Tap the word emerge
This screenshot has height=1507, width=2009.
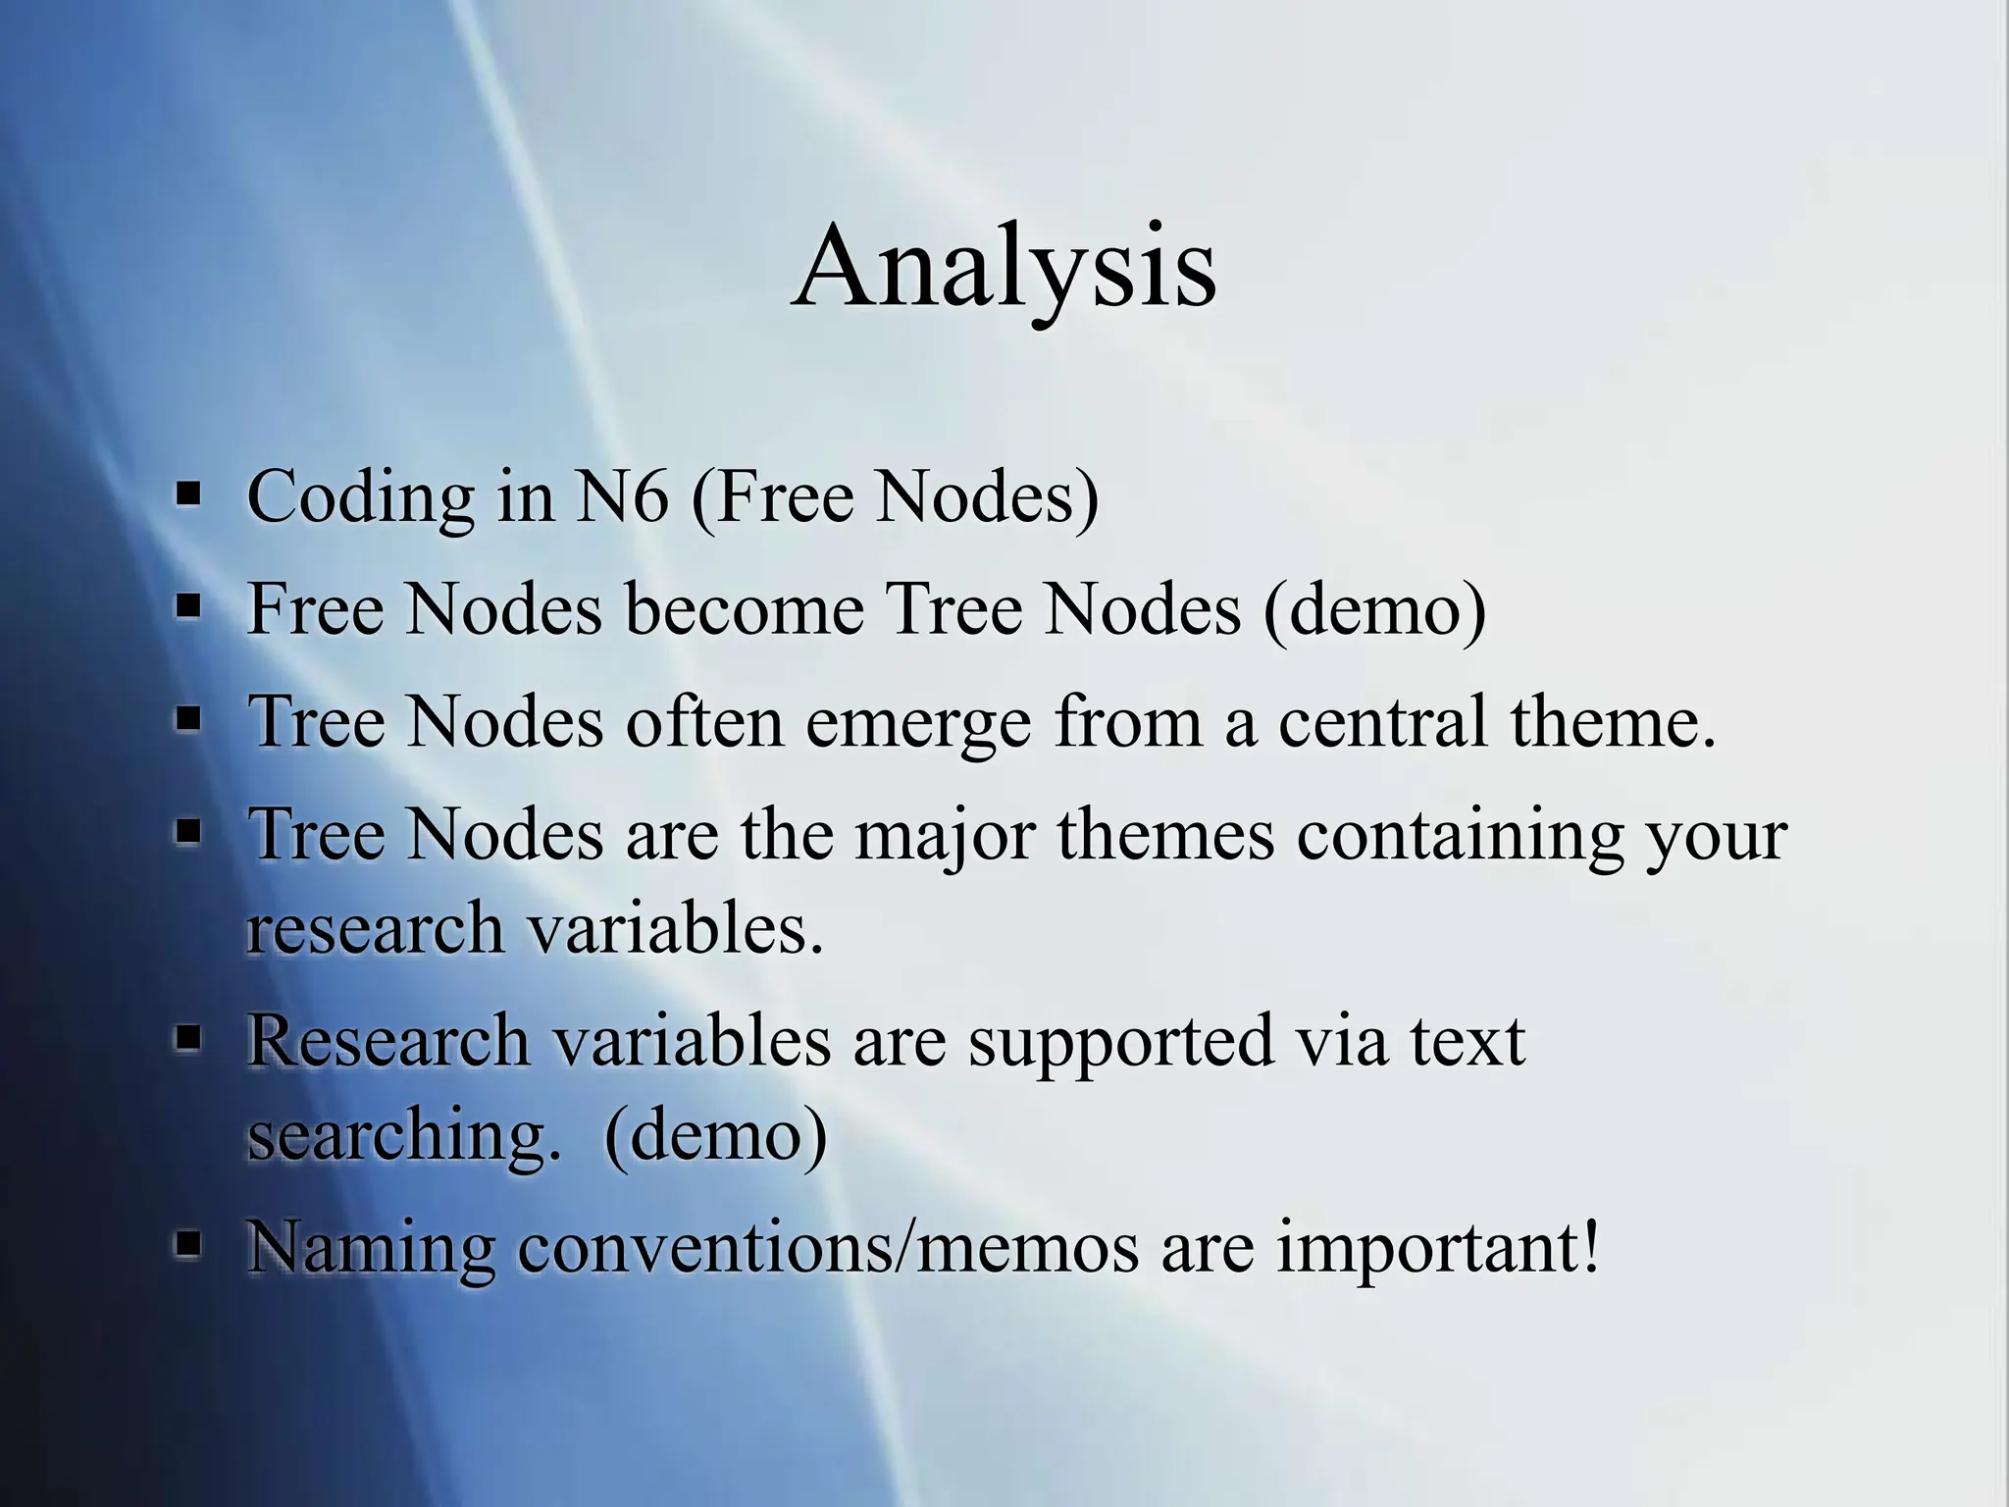[x=918, y=723]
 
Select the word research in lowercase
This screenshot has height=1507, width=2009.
[x=374, y=928]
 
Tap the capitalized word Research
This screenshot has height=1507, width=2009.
[x=387, y=1040]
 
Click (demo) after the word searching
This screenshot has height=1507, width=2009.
[x=716, y=1136]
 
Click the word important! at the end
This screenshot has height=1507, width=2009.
[x=1438, y=1249]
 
